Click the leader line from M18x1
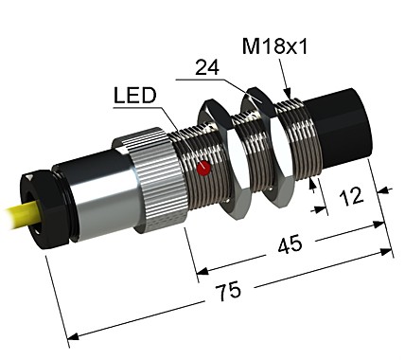click(x=287, y=73)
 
